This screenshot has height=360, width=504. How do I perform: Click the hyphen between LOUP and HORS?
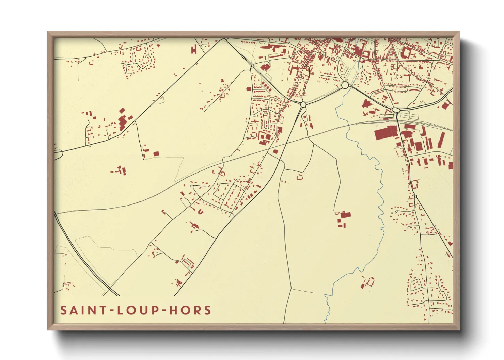(164, 311)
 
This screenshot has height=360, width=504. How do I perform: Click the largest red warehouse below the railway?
(386, 133)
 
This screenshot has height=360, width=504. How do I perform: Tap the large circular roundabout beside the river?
(345, 85)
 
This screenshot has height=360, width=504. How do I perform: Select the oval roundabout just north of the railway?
(395, 110)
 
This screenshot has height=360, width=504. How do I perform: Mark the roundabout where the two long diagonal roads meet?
(303, 105)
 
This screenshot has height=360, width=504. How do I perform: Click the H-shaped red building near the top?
(194, 49)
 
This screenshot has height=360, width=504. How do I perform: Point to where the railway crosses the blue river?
(348, 126)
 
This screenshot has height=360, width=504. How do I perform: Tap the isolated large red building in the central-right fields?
(345, 215)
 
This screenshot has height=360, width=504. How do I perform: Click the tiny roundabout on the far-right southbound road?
(415, 196)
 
